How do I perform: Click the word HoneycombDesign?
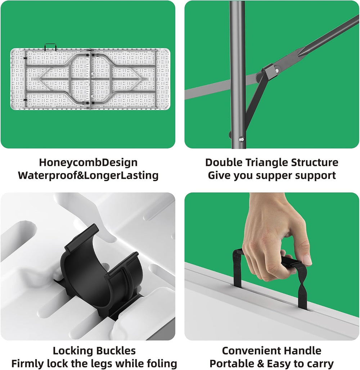coord(88,163)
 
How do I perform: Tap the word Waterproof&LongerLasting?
coord(88,176)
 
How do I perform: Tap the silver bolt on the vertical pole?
coord(241,139)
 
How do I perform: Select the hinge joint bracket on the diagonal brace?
coord(270,71)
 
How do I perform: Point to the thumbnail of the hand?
coord(306,260)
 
